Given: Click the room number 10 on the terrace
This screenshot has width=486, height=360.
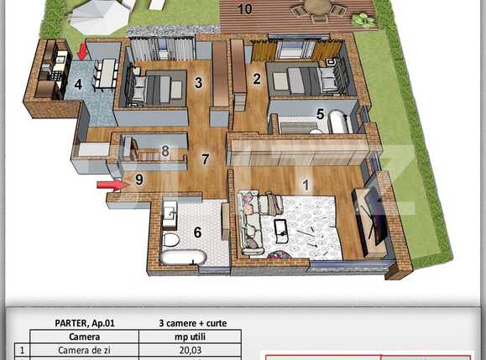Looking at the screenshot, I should [x=245, y=10].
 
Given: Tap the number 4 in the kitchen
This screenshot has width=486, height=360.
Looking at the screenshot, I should [x=78, y=84].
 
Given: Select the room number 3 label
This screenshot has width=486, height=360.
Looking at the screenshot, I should [x=199, y=82].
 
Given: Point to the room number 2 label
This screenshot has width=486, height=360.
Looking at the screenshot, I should [x=257, y=79].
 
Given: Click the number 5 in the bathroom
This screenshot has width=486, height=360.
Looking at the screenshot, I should [x=320, y=113].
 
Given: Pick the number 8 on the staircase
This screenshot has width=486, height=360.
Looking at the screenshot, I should [x=165, y=152].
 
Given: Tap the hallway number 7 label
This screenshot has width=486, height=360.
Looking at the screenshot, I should [x=205, y=157].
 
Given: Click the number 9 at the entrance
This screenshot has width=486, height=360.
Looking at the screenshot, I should [x=139, y=179].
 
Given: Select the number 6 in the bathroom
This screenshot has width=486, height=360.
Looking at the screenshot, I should [x=198, y=232].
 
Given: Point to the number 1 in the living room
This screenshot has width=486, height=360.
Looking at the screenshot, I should [x=306, y=184].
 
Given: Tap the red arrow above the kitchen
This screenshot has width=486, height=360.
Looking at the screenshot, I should [x=82, y=52].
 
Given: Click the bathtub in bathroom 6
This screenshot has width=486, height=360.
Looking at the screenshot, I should [x=182, y=258].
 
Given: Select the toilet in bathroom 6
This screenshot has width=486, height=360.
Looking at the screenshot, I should [x=171, y=240].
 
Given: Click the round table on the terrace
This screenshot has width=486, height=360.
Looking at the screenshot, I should [x=317, y=7].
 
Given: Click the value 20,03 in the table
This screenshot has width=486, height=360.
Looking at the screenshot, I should [x=191, y=350].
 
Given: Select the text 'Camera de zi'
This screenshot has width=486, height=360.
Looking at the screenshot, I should [x=85, y=350].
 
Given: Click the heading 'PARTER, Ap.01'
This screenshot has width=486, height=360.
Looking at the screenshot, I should [x=85, y=323].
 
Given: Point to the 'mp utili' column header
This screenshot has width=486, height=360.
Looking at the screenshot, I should [x=191, y=336].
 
